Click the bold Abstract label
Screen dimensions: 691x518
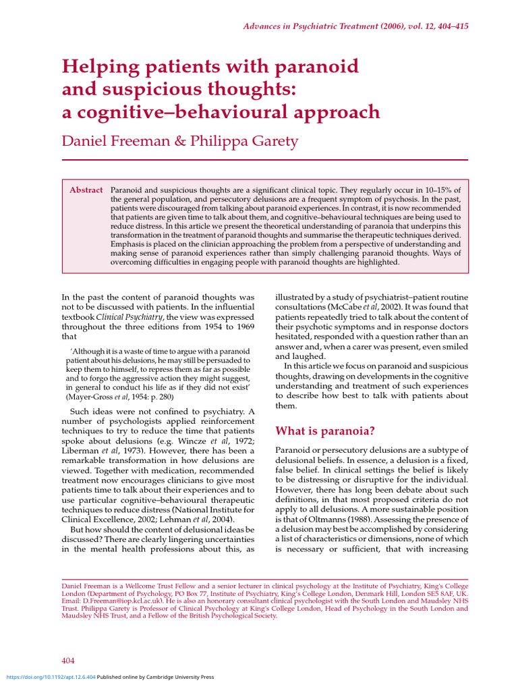tap(86, 190)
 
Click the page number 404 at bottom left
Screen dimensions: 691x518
tap(69, 660)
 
